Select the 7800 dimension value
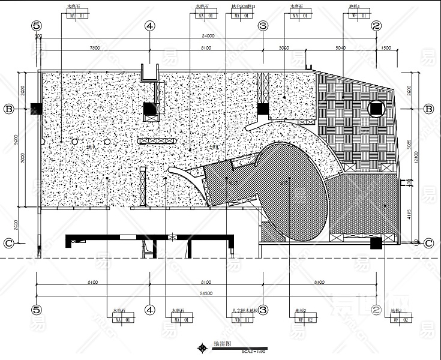pos(94,47)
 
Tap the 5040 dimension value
pos(341,47)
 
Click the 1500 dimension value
pos(385,47)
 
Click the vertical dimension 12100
pos(418,157)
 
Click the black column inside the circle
pos(376,109)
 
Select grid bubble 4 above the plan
pos(150,26)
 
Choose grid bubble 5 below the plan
pos(37,310)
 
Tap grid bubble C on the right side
pos(429,243)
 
